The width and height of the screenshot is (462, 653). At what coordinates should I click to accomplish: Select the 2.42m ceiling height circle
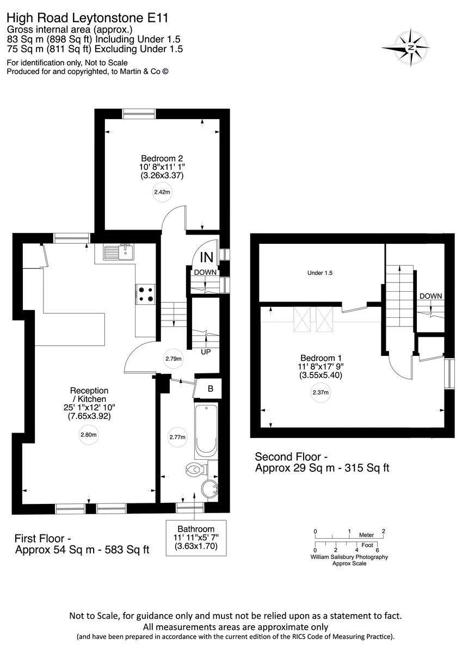(x=162, y=192)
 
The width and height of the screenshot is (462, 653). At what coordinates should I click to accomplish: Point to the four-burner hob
(x=145, y=294)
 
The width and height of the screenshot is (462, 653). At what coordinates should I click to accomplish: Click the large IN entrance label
(x=207, y=257)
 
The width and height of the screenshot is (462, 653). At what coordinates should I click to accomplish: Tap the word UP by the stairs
(x=206, y=352)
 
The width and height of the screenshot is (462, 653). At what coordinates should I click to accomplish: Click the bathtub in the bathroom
(x=206, y=430)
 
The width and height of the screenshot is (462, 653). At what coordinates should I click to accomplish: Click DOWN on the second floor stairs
(x=430, y=296)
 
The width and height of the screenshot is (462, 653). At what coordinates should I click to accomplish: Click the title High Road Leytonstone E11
(x=87, y=18)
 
